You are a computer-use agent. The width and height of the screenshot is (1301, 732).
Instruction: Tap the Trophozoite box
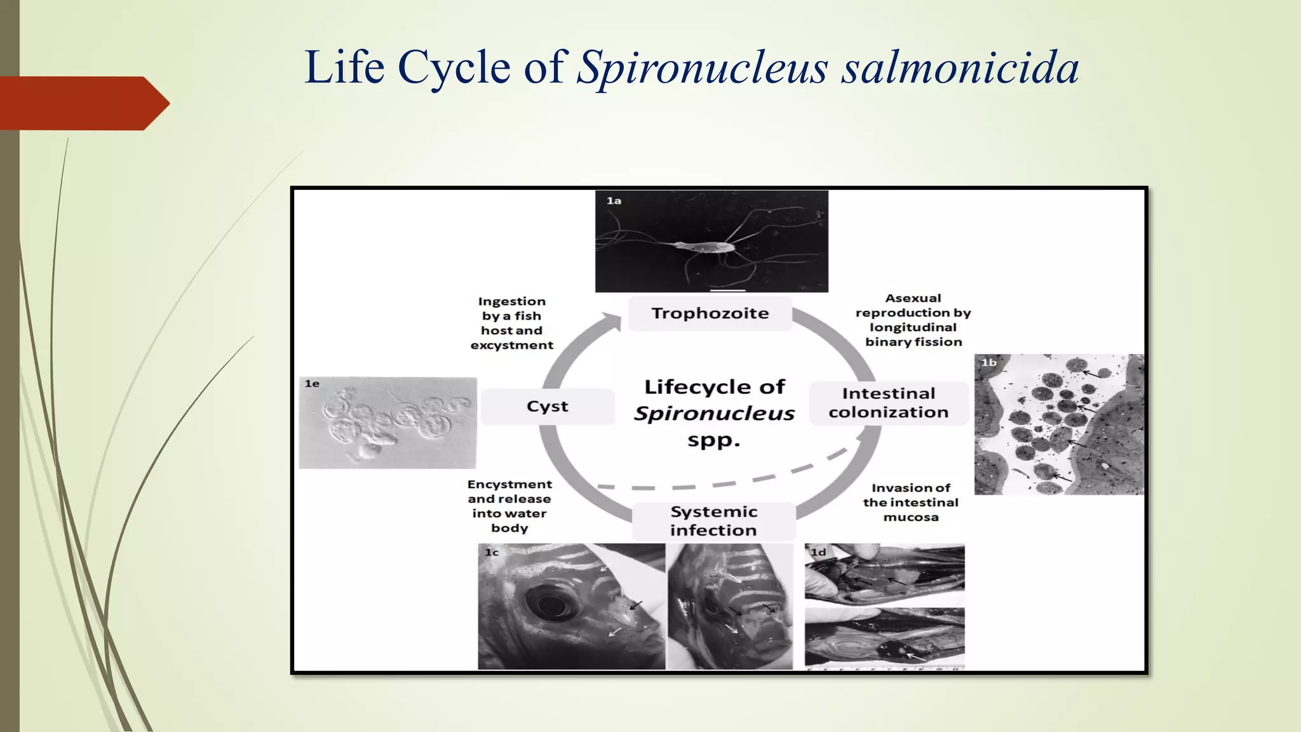click(710, 313)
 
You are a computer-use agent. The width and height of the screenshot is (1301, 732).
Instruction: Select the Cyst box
click(547, 407)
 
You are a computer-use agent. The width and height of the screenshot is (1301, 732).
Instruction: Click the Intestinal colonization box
click(888, 403)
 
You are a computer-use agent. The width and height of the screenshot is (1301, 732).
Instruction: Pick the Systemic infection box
click(713, 521)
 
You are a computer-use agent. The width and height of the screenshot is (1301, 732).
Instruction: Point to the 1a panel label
click(613, 201)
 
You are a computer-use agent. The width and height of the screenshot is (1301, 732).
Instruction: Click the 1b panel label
click(988, 363)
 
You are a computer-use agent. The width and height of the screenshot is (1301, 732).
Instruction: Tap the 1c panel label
click(492, 553)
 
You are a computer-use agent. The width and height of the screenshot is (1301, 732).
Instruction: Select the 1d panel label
click(818, 553)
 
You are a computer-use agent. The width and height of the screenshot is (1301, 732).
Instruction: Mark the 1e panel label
click(311, 384)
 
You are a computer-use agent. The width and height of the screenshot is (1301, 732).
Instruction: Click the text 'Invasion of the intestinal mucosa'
click(910, 503)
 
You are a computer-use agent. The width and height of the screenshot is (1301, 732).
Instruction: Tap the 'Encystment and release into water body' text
click(509, 506)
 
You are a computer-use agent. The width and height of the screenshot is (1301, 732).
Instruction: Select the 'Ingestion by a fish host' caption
click(511, 323)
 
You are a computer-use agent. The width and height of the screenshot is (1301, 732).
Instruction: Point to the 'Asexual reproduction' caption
click(913, 320)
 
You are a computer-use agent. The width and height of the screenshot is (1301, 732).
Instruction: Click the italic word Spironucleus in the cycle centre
click(714, 414)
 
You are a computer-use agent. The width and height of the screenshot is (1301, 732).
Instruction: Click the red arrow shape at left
click(83, 103)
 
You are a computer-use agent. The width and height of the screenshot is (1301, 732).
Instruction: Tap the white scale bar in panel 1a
click(727, 290)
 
